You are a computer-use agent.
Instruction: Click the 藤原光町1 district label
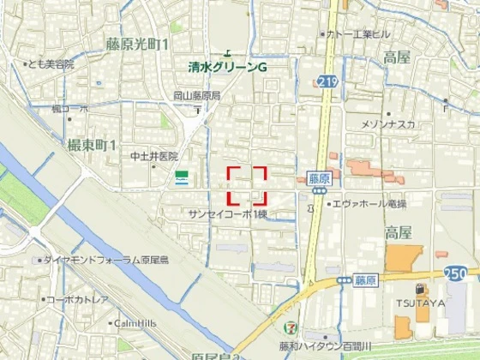137,43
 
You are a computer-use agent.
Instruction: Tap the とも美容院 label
51,63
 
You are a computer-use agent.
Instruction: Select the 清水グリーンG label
229,66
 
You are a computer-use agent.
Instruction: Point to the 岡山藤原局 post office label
197,96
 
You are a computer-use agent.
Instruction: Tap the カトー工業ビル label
359,34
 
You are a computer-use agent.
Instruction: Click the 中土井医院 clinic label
153,156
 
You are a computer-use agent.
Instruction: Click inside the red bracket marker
247,185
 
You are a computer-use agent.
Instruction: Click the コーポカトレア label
77,299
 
